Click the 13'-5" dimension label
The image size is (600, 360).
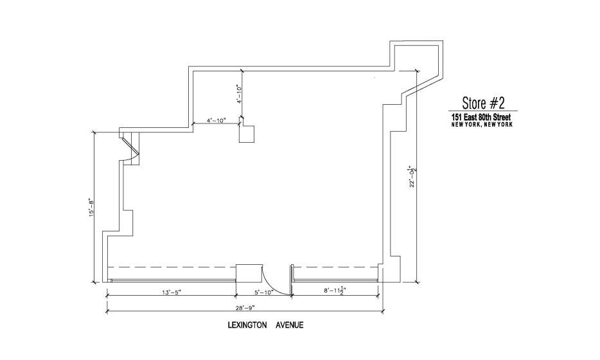coord(171,292)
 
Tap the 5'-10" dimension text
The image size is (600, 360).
coord(263,292)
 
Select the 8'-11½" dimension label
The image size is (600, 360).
coord(333,291)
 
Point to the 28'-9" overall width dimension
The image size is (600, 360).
coord(245,307)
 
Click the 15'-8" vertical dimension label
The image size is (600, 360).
coord(92,208)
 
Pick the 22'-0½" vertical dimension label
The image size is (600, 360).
coord(412,176)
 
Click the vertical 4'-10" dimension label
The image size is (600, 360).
coord(240,94)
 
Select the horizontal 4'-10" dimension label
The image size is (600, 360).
coord(216,120)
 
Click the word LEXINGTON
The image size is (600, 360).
coord(247,325)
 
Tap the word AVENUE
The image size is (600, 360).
coord(290,325)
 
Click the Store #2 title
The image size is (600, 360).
coord(483,103)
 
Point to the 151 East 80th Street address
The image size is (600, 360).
coord(481,117)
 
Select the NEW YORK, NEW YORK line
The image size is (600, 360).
coord(482,125)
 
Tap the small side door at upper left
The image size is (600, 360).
coord(130,148)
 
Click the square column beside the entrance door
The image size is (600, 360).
coord(249,273)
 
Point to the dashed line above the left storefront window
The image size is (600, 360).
coord(172,267)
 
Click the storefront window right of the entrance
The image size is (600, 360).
coord(335,281)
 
